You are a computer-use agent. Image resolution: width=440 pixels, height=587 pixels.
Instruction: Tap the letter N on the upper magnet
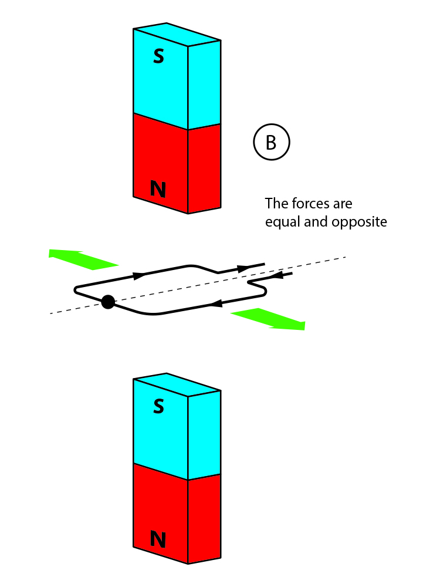(158, 189)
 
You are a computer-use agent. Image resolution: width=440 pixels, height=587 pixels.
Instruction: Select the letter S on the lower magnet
(158, 406)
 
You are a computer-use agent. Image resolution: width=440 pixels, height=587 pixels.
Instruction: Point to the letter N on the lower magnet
(158, 538)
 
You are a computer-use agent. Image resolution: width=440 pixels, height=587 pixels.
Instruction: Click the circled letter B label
(271, 143)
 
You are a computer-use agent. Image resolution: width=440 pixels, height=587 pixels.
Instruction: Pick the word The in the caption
(276, 204)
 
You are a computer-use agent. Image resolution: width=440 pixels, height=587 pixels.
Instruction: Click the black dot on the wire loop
(107, 302)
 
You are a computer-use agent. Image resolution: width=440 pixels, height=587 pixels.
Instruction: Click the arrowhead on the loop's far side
(139, 275)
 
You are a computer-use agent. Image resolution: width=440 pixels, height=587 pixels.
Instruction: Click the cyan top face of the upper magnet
(177, 35)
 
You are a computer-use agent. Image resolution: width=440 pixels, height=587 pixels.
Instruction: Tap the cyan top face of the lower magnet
(177, 385)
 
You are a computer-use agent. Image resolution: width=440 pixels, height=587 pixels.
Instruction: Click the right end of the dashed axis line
(345, 257)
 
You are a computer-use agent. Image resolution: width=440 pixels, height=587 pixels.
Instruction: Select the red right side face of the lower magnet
(204, 517)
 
